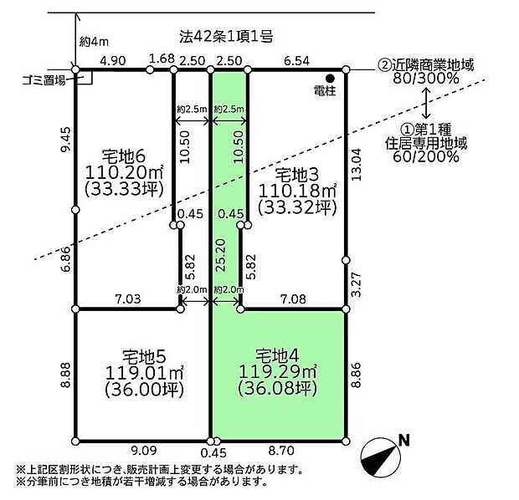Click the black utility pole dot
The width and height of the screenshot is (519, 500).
(330, 79)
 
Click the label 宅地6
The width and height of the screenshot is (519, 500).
(124, 156)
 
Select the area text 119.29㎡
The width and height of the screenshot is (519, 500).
(278, 372)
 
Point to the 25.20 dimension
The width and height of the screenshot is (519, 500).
(221, 255)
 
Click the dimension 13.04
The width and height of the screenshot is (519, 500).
(357, 165)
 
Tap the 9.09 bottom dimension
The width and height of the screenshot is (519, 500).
(144, 450)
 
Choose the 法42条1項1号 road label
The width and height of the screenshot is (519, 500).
(226, 37)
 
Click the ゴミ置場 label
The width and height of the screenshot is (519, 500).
(44, 80)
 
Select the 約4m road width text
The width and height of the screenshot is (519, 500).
(94, 42)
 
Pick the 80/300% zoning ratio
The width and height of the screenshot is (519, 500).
(426, 79)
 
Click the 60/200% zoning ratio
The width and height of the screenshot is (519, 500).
(426, 156)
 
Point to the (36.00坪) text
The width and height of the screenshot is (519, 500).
(144, 390)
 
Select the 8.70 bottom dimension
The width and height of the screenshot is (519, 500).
(281, 450)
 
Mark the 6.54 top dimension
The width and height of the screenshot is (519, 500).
(297, 61)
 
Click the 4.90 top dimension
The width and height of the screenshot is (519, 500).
(113, 61)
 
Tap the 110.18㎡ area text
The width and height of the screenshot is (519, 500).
(297, 191)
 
